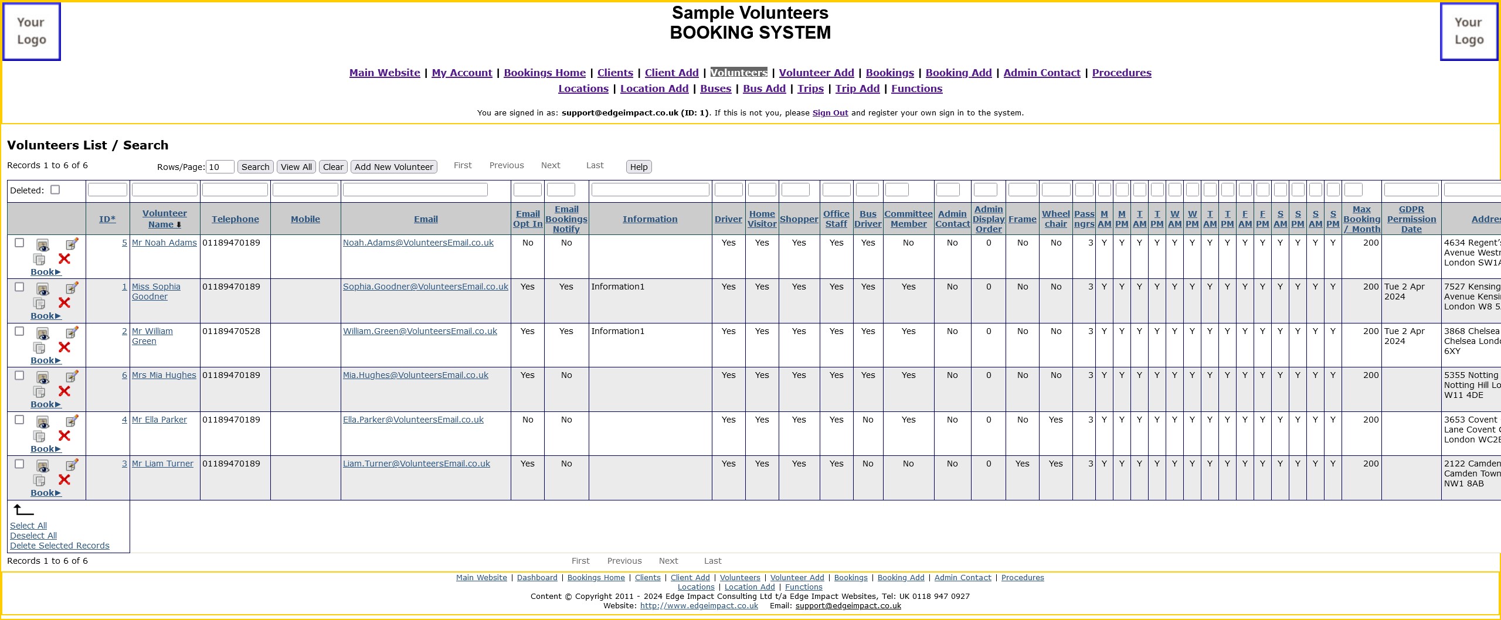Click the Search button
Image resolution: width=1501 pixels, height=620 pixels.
(255, 167)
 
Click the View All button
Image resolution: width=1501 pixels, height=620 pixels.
(296, 167)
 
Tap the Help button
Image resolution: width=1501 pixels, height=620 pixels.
(639, 167)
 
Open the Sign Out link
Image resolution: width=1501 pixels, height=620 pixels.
(830, 113)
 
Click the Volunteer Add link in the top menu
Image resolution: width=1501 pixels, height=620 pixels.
(816, 73)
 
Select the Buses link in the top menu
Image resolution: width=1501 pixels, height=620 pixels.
(715, 88)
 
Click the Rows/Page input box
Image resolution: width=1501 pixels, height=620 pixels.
(220, 167)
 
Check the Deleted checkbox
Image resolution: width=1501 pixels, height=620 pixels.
(55, 190)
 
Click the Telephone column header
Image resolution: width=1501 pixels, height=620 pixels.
(235, 219)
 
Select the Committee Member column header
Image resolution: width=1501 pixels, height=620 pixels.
(908, 219)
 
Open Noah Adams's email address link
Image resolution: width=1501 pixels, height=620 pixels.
(418, 243)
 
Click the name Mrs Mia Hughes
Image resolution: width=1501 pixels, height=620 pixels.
(164, 375)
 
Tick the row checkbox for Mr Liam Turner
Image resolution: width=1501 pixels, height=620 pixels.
(19, 464)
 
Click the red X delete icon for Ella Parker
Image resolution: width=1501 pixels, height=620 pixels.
(64, 435)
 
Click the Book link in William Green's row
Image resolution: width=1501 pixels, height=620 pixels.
(46, 360)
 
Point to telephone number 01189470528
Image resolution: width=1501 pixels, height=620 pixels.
(231, 331)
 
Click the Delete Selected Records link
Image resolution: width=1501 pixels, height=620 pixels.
(60, 546)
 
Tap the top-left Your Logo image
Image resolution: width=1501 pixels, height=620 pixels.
(32, 32)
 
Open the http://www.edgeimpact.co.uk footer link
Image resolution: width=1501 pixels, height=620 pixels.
(699, 606)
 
